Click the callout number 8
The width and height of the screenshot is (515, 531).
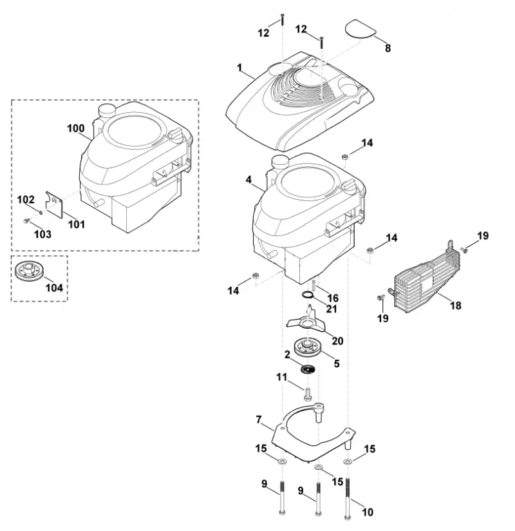[388, 48]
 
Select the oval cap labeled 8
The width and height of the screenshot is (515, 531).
[360, 28]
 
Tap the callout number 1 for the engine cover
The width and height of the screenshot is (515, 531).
[239, 68]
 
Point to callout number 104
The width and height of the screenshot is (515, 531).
[54, 288]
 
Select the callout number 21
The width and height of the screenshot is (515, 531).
[332, 309]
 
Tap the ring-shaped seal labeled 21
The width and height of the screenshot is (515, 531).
[308, 295]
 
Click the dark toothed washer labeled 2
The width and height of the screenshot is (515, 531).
[308, 369]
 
